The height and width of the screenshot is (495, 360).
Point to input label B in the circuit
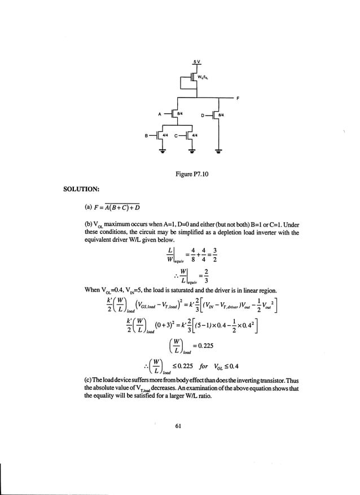tap(146, 136)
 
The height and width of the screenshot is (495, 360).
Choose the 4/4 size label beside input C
tap(195, 136)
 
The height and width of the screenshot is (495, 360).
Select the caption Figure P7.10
tap(192, 175)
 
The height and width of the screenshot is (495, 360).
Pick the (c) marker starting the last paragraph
tap(87, 377)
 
